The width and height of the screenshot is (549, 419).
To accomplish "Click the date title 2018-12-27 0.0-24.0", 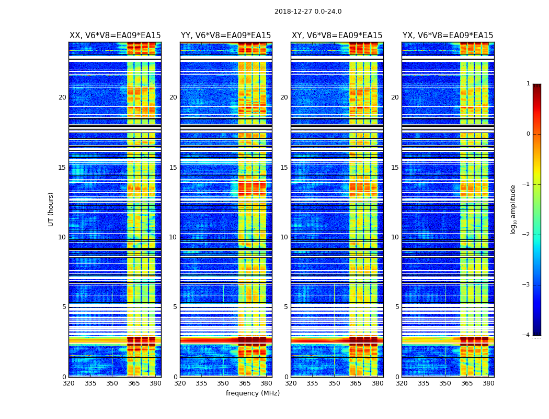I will [308, 12].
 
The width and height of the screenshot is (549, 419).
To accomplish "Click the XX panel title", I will [115, 36].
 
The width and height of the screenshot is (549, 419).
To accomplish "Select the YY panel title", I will [226, 36].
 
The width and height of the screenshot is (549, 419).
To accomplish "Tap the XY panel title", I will [337, 36].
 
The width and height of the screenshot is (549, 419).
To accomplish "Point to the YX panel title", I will [448, 36].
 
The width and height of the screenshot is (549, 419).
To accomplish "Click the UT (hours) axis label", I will [51, 209].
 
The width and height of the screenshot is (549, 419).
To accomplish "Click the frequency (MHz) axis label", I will [253, 393].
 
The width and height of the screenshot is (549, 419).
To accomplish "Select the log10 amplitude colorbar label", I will [513, 209].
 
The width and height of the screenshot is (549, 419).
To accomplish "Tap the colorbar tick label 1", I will [528, 84].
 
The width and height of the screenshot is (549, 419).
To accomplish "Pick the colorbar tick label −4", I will [527, 335].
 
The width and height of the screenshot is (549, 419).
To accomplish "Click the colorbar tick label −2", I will [527, 235].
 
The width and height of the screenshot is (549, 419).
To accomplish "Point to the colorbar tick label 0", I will [528, 134].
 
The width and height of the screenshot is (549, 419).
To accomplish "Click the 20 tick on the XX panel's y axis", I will [62, 97].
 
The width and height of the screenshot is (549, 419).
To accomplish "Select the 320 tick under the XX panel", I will [69, 383].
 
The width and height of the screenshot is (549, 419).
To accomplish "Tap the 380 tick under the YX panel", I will [488, 383].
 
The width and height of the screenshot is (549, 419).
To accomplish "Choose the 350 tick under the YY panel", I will [223, 383].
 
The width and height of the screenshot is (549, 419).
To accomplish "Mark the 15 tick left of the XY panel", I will [284, 168].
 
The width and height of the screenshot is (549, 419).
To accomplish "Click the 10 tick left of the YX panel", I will [395, 237].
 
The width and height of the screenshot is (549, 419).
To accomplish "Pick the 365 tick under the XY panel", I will [356, 383].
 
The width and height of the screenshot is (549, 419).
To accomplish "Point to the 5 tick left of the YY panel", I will [175, 307].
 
